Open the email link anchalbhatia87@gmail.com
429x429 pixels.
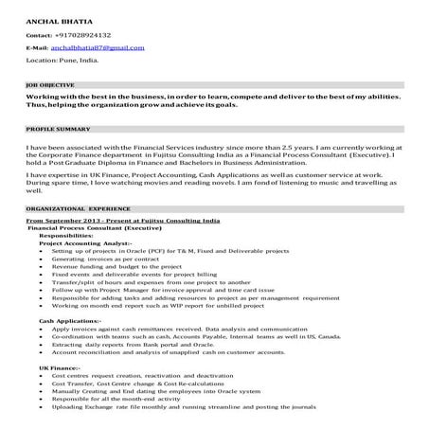click(x=98, y=46)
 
